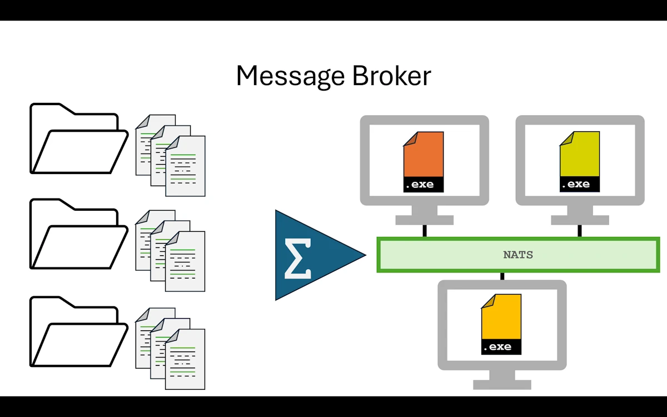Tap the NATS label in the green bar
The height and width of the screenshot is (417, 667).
coord(518,255)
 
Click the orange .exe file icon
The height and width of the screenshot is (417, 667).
coord(424,156)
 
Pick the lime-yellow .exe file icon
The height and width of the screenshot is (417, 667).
coord(579,156)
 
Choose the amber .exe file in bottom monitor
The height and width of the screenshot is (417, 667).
coord(501,319)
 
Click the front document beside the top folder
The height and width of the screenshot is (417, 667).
coord(185,166)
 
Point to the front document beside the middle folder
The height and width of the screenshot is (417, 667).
coord(185,262)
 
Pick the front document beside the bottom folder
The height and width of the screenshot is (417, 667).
coord(185,359)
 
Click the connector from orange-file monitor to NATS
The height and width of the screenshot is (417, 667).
coord(425,231)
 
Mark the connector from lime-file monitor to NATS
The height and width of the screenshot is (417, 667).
coord(580,231)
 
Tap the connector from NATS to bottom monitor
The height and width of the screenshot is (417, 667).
coord(502,276)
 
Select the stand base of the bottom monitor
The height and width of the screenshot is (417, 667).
coord(502,384)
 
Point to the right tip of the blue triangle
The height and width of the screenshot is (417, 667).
coord(364,255)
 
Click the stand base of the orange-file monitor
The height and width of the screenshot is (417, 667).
coord(424,220)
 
